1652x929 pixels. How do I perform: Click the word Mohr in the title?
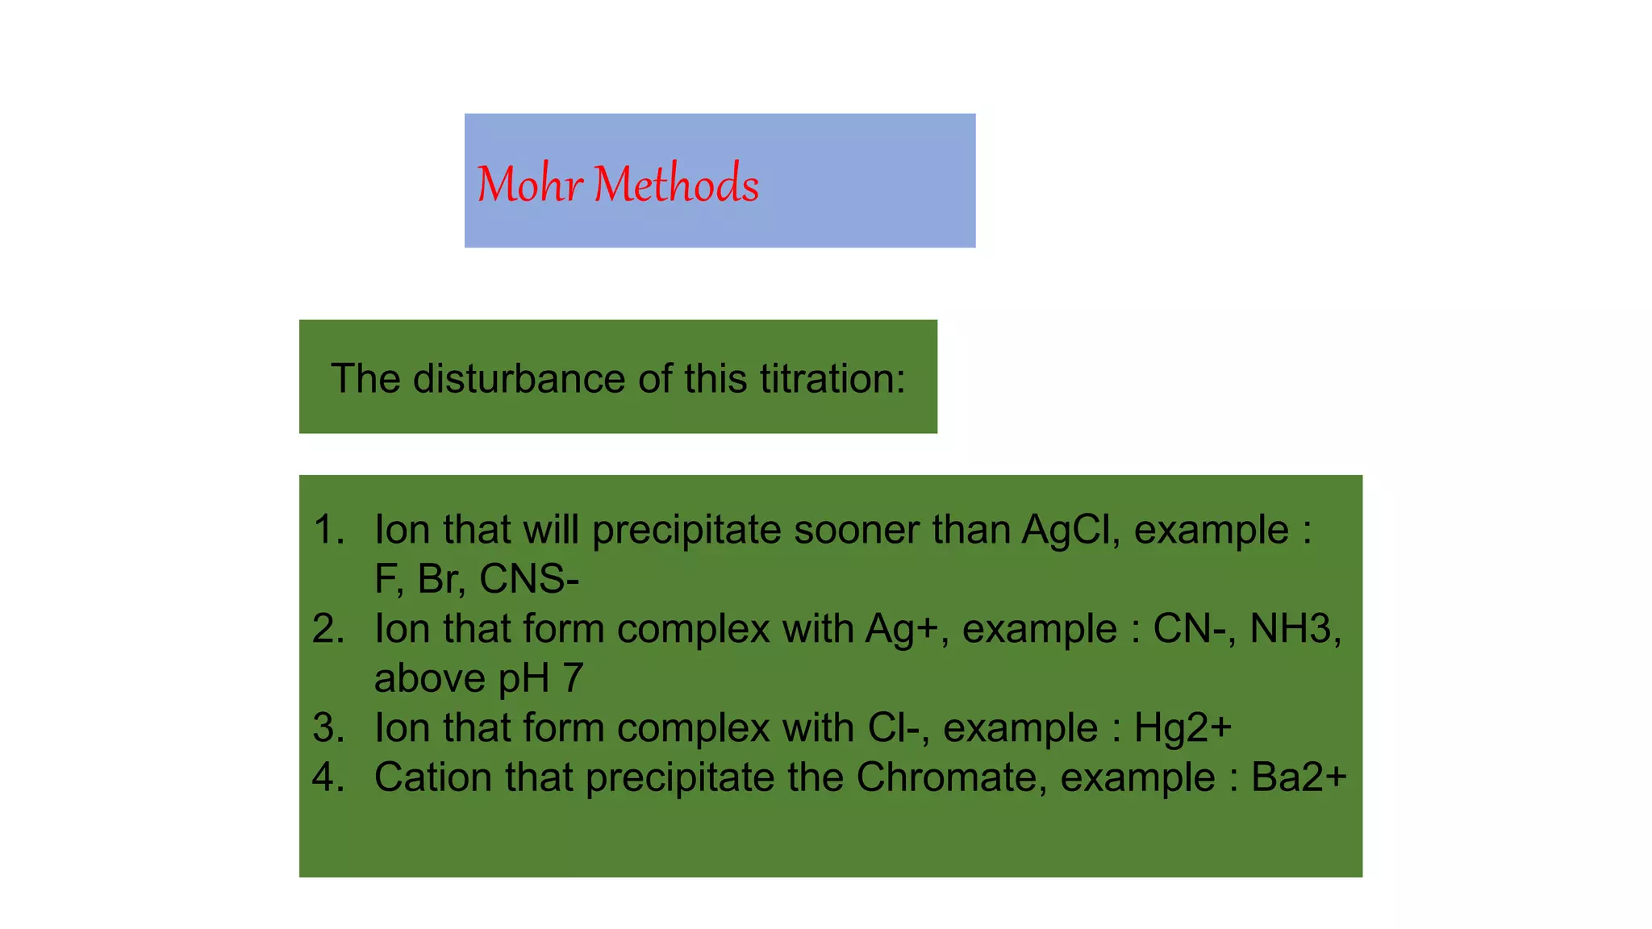point(529,185)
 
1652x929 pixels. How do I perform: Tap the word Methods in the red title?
point(676,185)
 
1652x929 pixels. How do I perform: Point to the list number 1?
point(328,530)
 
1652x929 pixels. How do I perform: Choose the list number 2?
point(328,629)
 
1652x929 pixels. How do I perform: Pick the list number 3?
point(328,728)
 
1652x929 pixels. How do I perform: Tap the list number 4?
point(328,777)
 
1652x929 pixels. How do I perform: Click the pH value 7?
point(573,678)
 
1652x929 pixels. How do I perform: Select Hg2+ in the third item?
point(1183,728)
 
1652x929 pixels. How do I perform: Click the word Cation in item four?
point(433,777)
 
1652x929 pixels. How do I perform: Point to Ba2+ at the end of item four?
point(1299,777)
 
